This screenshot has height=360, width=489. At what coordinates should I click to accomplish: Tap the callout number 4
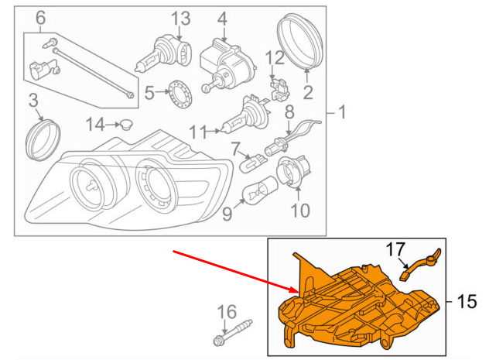pyautogui.click(x=223, y=17)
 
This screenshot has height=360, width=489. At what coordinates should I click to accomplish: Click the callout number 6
pyautogui.click(x=41, y=17)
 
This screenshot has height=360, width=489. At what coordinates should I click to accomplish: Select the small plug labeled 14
pyautogui.click(x=123, y=124)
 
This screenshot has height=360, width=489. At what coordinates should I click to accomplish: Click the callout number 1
pyautogui.click(x=342, y=114)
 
